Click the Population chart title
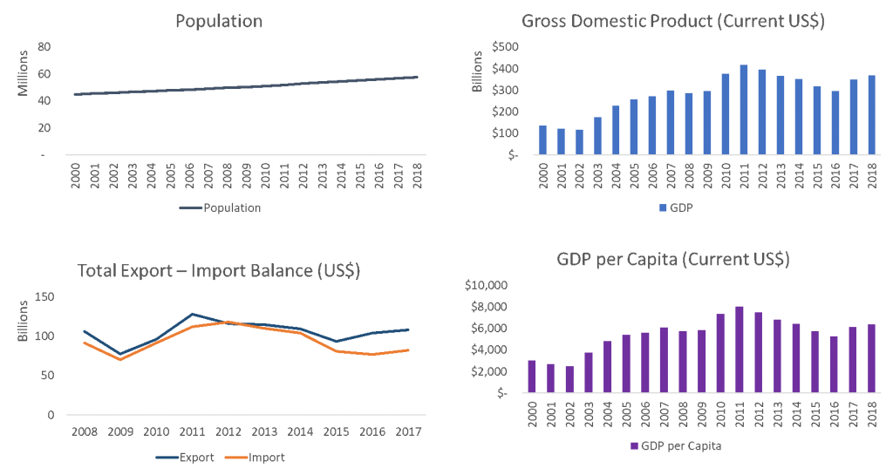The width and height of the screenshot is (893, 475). click(x=219, y=21)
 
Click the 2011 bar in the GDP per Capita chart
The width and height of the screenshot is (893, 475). click(x=740, y=349)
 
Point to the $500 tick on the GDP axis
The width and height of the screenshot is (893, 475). click(x=505, y=46)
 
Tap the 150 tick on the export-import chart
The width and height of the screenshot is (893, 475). click(x=44, y=297)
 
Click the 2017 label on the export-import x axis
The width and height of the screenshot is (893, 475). click(x=408, y=431)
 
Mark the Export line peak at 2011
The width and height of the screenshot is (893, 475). click(x=193, y=314)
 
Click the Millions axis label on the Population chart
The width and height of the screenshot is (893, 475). click(x=23, y=74)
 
